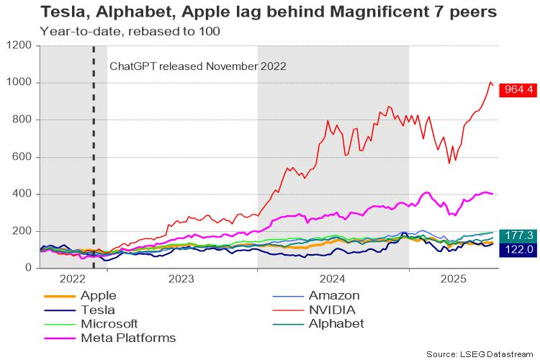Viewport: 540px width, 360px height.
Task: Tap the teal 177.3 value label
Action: coord(514,235)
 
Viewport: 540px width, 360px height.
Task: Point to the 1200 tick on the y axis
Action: coord(19,45)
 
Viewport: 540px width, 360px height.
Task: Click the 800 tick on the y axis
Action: coord(22,120)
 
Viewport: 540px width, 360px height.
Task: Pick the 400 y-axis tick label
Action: coord(22,194)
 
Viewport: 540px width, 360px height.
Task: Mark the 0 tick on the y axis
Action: coord(30,268)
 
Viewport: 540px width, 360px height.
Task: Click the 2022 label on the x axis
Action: coord(73,278)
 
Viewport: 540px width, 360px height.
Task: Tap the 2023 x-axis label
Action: coord(181,278)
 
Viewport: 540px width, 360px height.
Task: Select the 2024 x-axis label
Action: coord(333,278)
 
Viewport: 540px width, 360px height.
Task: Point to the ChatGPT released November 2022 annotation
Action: coord(198,66)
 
